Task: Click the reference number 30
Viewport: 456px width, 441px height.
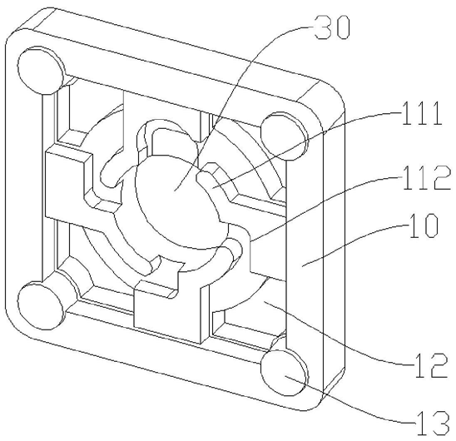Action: [x=332, y=27]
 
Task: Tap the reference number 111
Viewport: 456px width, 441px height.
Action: [x=422, y=114]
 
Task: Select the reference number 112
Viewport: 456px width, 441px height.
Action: [x=426, y=178]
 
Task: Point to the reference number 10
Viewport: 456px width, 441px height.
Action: [x=424, y=225]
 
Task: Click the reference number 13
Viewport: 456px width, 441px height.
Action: [x=432, y=423]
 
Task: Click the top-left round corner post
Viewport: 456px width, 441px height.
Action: [x=41, y=71]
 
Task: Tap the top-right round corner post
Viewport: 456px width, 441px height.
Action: [x=284, y=136]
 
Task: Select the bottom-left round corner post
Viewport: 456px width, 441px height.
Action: [x=40, y=305]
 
